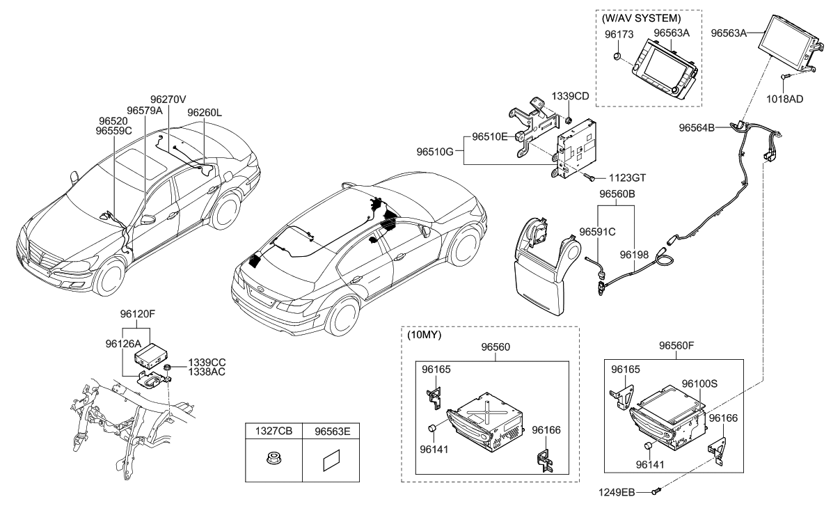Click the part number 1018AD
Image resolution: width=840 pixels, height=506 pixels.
point(785,99)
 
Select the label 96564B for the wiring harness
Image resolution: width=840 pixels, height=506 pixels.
point(697,127)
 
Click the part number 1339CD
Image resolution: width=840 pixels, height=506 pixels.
point(570,95)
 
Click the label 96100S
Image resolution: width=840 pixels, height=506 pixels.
point(699,384)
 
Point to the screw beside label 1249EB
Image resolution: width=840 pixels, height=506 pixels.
point(656,493)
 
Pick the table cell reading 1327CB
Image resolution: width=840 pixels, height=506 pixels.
point(274,431)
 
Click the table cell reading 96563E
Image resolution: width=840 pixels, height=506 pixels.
point(330,431)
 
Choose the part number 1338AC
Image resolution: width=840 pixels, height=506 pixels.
point(207,373)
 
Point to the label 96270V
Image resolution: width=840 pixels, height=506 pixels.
point(169,99)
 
